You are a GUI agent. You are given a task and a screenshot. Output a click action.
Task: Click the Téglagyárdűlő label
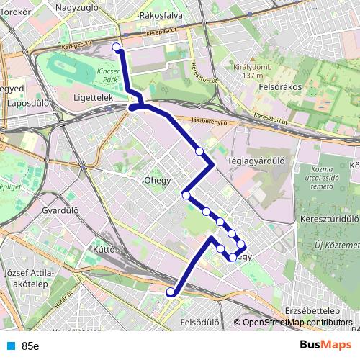point(257,161)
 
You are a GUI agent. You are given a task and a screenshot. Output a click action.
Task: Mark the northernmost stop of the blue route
point(117,48)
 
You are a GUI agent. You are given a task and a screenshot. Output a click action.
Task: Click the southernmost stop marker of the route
point(171,292)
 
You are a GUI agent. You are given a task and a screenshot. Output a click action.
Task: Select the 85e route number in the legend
point(30,346)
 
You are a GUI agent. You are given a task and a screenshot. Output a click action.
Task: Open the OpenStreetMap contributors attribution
point(297,322)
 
